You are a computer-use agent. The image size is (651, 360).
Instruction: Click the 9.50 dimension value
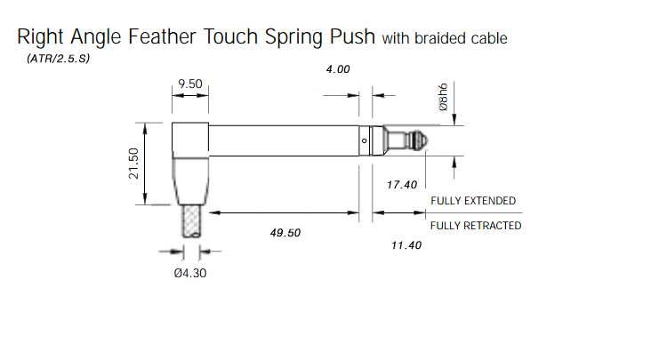tap(190, 84)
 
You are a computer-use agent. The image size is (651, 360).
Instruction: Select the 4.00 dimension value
tap(338, 69)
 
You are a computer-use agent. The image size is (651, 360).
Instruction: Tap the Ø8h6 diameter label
tap(444, 97)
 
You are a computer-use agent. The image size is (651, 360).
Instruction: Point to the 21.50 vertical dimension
tap(133, 164)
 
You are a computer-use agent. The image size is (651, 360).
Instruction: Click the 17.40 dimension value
tap(402, 185)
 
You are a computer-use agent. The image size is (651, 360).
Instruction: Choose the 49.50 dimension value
tap(285, 233)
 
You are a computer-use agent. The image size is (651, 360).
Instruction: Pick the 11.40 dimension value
tap(406, 245)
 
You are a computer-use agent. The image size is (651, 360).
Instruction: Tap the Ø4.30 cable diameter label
tap(190, 273)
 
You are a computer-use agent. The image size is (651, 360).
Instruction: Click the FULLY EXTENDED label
tap(473, 201)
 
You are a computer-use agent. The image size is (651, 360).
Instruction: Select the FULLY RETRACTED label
tap(476, 226)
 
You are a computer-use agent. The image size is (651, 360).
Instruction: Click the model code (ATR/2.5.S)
tap(58, 59)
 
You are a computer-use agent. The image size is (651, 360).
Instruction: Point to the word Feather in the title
tap(162, 36)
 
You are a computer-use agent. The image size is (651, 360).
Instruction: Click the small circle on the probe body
tap(365, 140)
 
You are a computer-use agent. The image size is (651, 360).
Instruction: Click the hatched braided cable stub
tap(191, 221)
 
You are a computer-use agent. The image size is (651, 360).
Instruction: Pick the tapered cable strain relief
tap(190, 181)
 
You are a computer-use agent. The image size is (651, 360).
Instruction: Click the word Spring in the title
tap(294, 37)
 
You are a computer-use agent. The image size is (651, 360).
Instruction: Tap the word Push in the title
tap(353, 36)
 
